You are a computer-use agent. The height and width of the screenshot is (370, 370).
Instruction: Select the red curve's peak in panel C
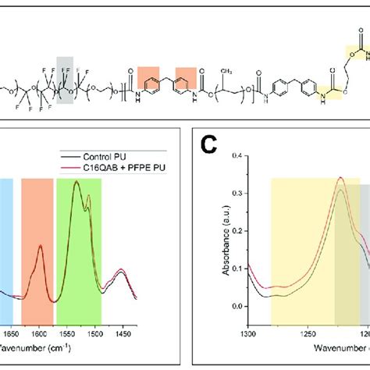click(340, 200)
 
